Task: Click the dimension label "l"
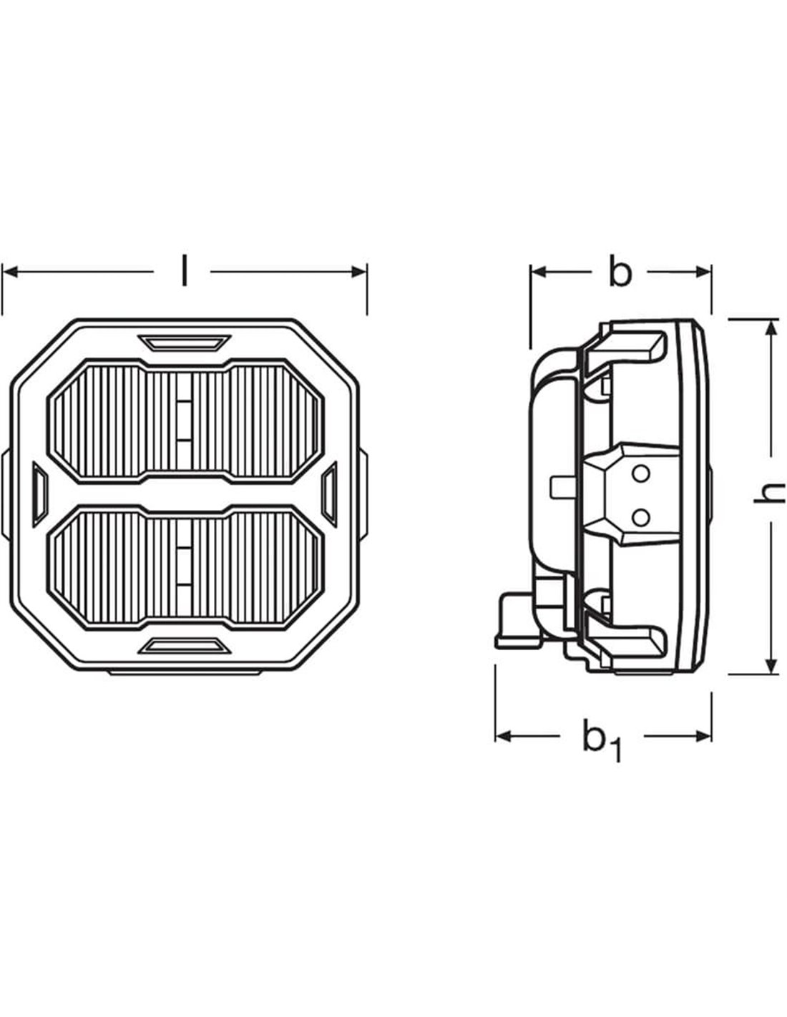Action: (185, 272)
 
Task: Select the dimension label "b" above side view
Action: (620, 272)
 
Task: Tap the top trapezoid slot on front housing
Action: (185, 343)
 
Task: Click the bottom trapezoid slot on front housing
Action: (185, 647)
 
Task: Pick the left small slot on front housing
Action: (39, 493)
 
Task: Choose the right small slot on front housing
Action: (330, 493)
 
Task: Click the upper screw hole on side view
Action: (642, 473)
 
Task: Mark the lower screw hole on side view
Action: (642, 514)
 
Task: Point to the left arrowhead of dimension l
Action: (9, 272)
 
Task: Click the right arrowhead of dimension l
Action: (361, 272)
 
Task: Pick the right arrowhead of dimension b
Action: (705, 272)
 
